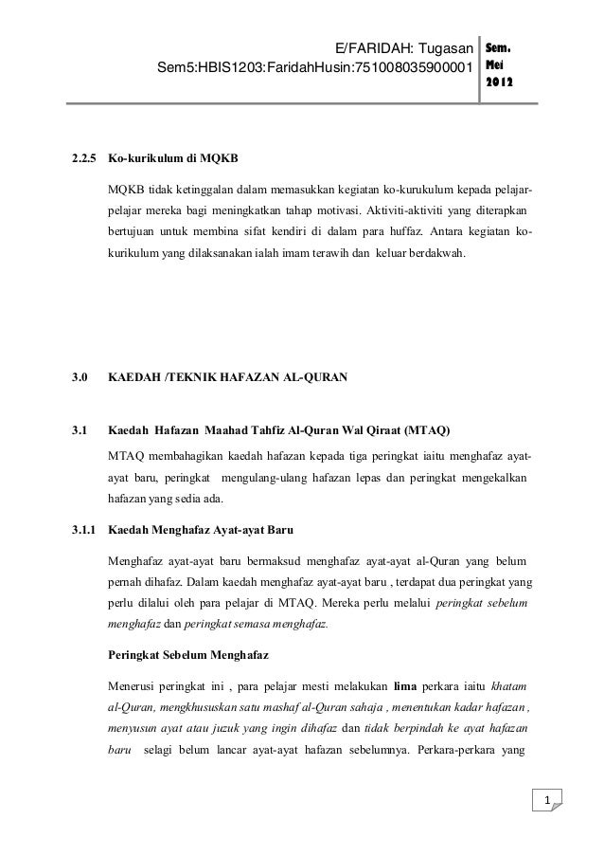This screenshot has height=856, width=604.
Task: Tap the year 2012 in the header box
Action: point(500,84)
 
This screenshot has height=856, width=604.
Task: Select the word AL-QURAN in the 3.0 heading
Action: point(312,378)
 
